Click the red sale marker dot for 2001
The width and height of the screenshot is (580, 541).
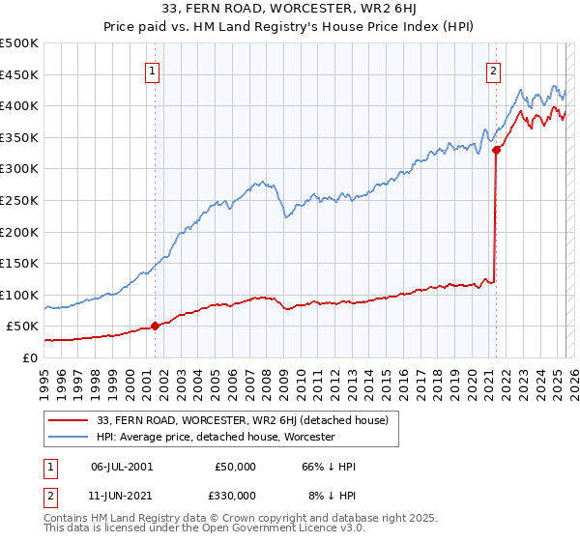[155, 327]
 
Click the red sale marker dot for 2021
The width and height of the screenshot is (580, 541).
[496, 150]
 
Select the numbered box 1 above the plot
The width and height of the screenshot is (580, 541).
[154, 69]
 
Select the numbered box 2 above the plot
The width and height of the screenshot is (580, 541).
[494, 69]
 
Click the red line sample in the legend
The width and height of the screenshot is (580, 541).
[69, 420]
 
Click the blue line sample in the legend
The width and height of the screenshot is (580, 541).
[69, 437]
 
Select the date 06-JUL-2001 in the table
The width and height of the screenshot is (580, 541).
[121, 467]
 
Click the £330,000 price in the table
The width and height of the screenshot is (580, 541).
[235, 495]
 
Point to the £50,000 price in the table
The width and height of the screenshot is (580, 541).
[235, 467]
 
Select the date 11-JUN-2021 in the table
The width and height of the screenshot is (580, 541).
[121, 495]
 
